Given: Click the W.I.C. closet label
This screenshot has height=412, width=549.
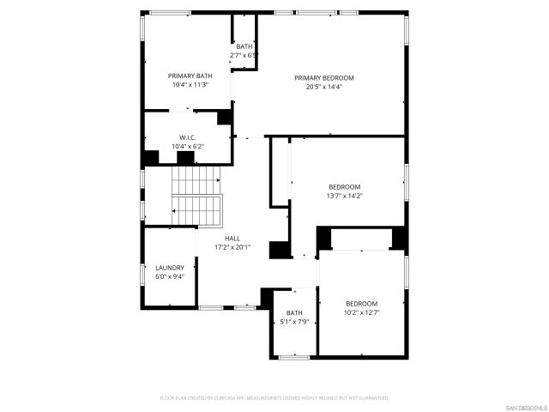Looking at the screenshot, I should coord(189,138).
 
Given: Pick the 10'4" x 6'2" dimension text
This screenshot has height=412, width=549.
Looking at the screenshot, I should coord(189,147).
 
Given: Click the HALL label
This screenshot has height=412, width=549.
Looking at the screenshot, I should coord(232,239).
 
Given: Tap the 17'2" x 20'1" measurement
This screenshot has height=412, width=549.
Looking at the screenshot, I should coord(232,247).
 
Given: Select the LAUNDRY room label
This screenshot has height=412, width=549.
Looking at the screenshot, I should coord(170,268).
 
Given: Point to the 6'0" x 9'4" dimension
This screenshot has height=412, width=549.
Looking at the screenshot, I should coord(170,276).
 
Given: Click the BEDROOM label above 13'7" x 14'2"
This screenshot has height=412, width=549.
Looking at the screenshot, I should coord(345,187).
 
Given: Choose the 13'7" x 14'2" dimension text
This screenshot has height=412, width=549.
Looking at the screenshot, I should coord(345,196).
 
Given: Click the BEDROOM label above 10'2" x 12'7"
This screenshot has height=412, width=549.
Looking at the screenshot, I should coord(361,304).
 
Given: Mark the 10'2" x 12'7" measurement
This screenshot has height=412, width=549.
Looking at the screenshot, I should coord(361,312).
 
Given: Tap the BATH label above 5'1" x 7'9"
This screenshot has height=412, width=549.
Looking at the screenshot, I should coord(294,313).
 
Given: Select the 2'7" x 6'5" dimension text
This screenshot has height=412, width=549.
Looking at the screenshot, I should coord(244,55).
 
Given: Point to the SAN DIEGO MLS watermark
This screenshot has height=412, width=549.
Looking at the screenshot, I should coord(522,405).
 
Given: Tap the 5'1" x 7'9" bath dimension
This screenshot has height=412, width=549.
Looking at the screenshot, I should coord(294,322).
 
